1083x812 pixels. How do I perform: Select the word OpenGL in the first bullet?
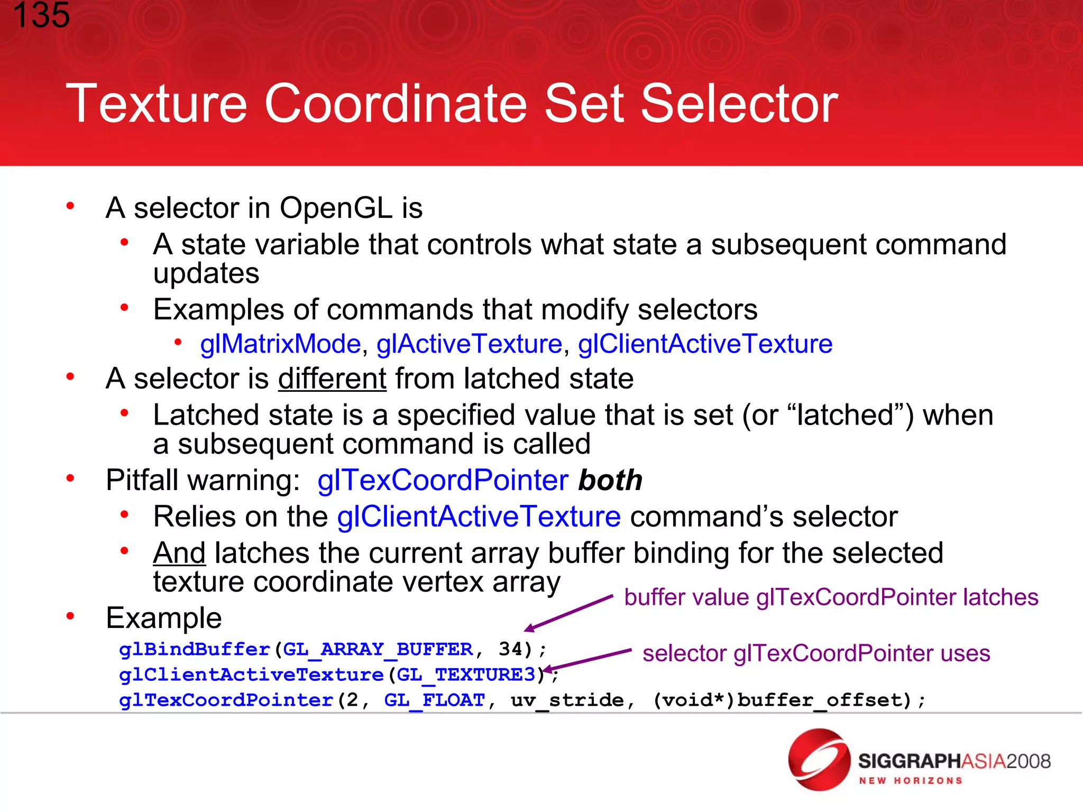(x=336, y=208)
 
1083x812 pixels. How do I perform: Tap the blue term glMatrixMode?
(x=280, y=344)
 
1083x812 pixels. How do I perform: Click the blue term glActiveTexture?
(x=469, y=344)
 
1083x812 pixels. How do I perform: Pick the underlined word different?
(x=332, y=379)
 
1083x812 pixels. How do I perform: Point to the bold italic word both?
(x=610, y=480)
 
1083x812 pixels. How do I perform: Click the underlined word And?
(x=179, y=553)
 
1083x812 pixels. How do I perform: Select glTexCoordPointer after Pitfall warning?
(x=443, y=480)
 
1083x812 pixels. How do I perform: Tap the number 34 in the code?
(x=510, y=649)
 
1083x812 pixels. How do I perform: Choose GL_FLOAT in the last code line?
(x=434, y=700)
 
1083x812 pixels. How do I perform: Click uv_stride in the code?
(x=567, y=700)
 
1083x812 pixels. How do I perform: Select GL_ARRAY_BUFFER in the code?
(x=378, y=649)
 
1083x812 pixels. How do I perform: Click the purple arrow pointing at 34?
(x=568, y=613)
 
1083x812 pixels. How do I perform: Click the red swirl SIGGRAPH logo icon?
(x=819, y=760)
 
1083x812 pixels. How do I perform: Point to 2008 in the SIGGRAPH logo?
(x=1028, y=761)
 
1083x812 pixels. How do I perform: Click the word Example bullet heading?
(x=164, y=618)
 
